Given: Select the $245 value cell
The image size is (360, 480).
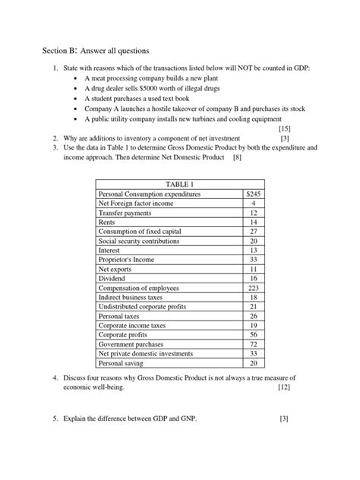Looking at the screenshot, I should point(253,194).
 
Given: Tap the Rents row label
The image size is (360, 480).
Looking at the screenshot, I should point(109,222).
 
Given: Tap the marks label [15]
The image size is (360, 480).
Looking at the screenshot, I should point(306,129).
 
